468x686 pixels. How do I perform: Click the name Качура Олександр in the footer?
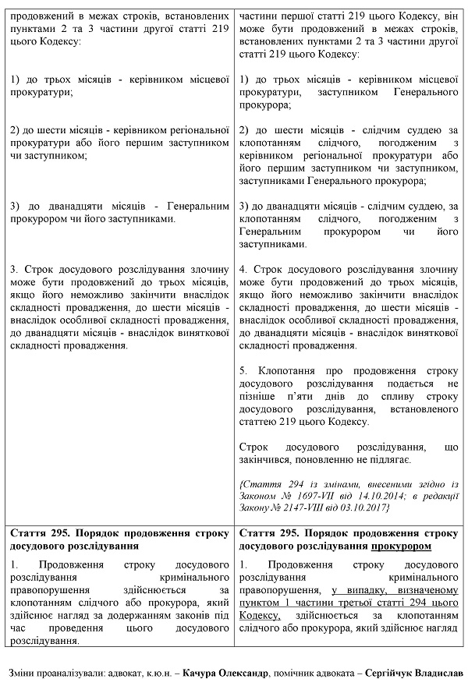[235, 671]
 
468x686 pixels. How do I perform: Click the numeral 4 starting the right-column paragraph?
[243, 268]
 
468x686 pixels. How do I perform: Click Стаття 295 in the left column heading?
[37, 533]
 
